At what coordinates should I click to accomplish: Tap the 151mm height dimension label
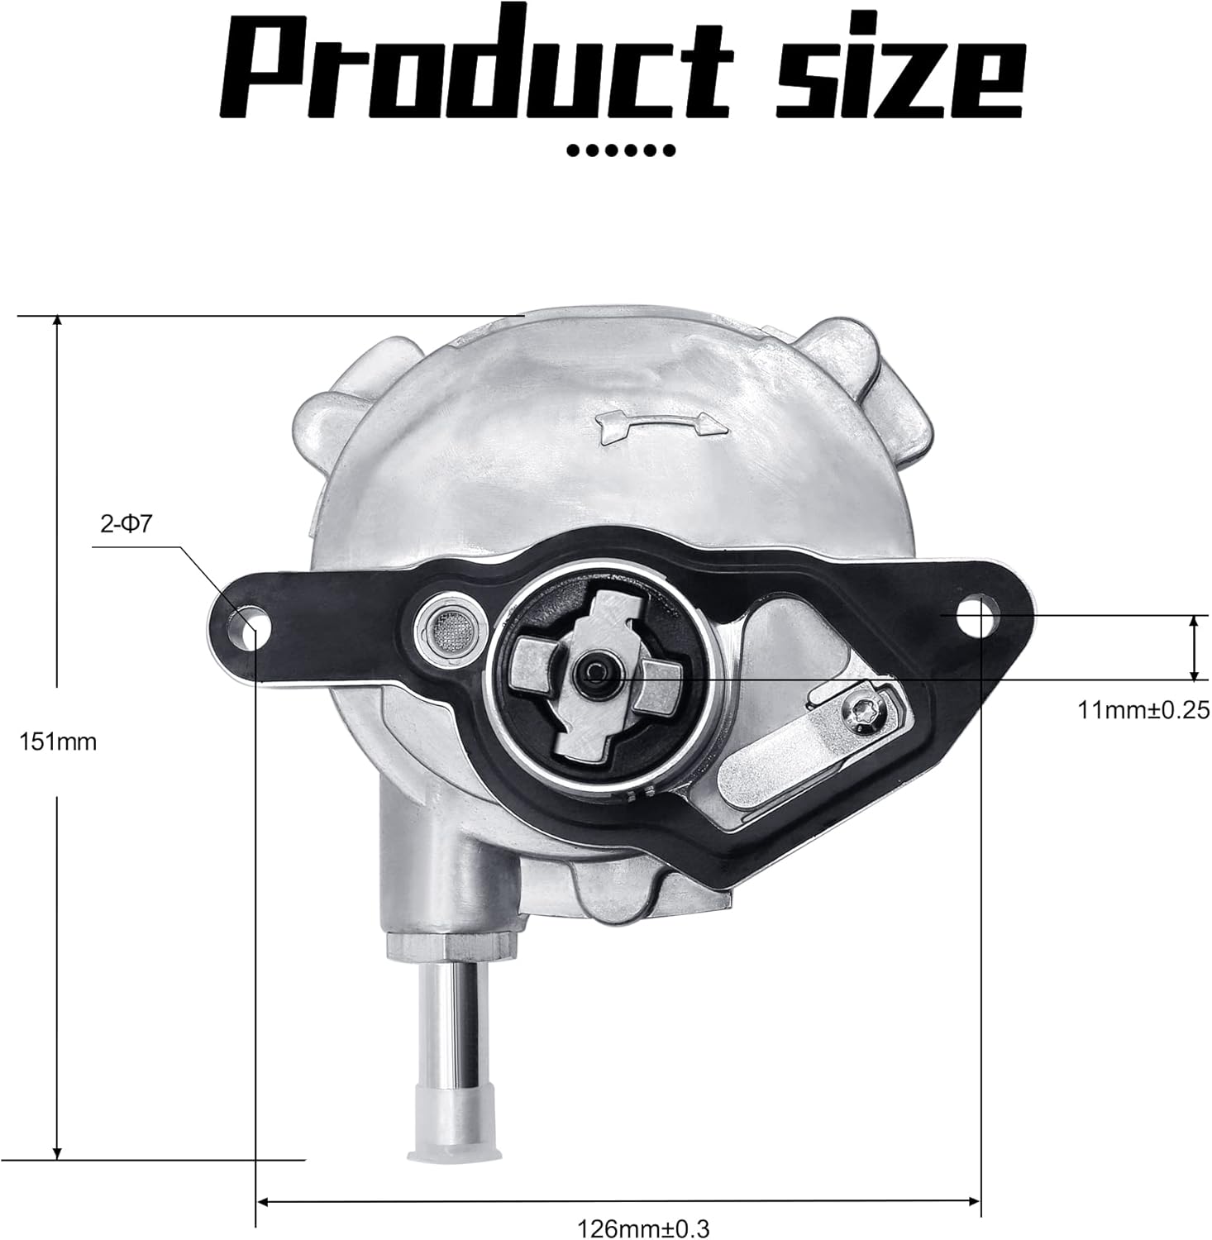pyautogui.click(x=58, y=742)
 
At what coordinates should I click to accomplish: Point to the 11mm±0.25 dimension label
pyautogui.click(x=1143, y=709)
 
